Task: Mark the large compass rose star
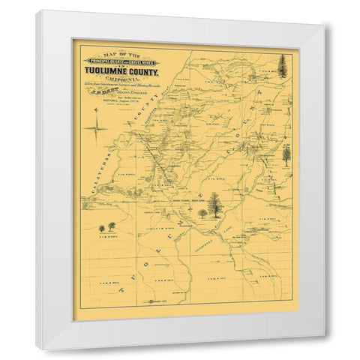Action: click(95, 133)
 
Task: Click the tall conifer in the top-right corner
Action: click(283, 66)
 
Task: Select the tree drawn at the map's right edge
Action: click(286, 155)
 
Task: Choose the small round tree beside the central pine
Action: click(202, 213)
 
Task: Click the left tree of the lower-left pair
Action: click(101, 226)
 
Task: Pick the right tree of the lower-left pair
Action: click(112, 225)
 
